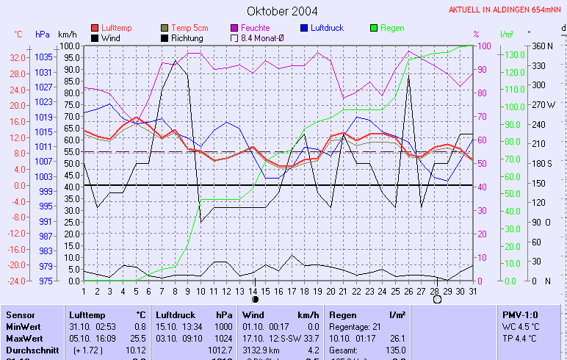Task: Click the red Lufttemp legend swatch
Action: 95,28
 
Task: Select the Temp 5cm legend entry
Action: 183,28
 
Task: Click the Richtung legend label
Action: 187,37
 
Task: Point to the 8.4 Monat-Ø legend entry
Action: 256,37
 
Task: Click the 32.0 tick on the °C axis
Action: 18,57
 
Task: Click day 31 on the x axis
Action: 472,291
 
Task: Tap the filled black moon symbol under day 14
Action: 255,300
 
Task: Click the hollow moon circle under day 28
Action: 437,300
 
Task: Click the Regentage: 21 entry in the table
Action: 355,326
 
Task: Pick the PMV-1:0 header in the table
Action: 521,314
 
